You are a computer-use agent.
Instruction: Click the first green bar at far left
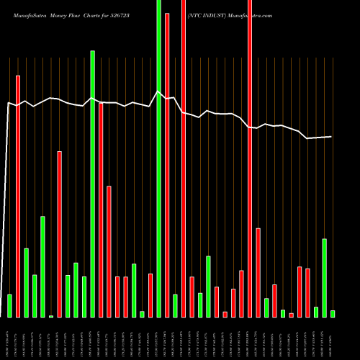(9, 305)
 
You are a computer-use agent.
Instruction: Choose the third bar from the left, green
(27, 282)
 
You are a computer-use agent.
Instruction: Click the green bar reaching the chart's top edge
(158, 158)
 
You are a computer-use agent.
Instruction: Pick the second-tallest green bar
(92, 184)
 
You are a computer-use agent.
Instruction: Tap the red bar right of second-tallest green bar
(101, 210)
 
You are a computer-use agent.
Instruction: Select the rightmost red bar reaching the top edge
(250, 158)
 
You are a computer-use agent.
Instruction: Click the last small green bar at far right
(333, 313)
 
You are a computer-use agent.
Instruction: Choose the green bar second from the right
(325, 277)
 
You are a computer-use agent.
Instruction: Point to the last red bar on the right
(307, 292)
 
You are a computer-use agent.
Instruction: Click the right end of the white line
(332, 136)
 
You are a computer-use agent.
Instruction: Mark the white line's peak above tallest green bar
(158, 91)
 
